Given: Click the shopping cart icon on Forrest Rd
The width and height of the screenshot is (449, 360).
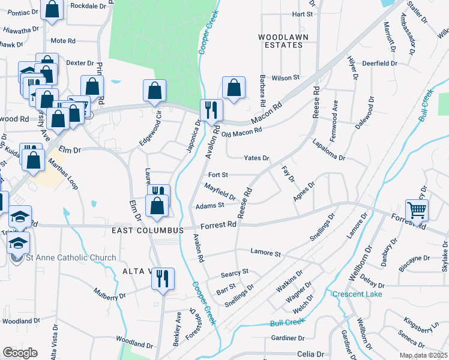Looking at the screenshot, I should coord(417,211).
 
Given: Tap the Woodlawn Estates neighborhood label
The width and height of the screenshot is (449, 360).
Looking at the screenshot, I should coord(279,41).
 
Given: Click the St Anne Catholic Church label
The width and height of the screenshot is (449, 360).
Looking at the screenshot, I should coord(71,258).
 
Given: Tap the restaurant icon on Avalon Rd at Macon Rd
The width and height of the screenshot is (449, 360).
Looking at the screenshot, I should coord(211,110).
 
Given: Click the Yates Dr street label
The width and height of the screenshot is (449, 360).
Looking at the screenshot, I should coord(256,158).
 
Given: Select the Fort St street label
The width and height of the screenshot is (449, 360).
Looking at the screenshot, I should coord(217,175).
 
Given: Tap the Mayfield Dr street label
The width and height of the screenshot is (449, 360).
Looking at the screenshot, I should coord(220,191).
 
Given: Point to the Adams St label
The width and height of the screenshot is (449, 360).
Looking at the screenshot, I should coord(209,205).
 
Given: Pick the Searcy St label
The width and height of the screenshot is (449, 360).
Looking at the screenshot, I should coord(234,272).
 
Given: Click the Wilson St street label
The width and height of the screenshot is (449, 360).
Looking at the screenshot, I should coord(285,78).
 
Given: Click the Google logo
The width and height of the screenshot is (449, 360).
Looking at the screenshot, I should coord(20,353).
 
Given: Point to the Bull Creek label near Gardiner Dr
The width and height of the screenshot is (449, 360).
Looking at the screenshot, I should coord(285,323).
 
